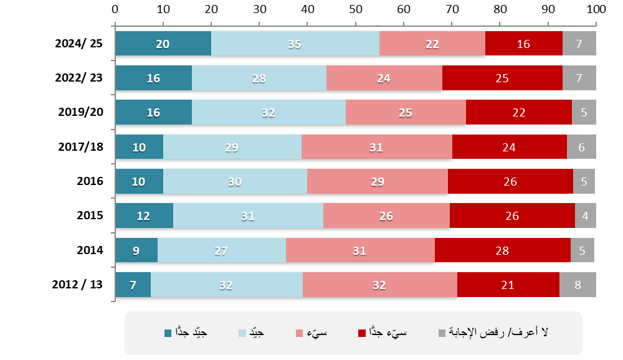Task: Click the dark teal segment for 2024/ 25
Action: (163, 44)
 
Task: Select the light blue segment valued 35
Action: (295, 44)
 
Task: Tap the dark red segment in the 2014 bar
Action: (502, 250)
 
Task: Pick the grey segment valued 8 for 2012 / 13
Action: (578, 285)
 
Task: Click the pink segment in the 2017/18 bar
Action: (377, 147)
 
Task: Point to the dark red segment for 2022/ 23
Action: (502, 78)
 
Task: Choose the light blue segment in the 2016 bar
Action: (235, 181)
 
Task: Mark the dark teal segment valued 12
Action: (144, 216)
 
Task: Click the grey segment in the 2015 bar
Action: (586, 216)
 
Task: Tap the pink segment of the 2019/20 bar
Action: (406, 113)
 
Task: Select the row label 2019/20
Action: (80, 113)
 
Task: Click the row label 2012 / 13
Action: (77, 285)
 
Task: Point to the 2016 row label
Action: (90, 181)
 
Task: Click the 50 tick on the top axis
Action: (355, 9)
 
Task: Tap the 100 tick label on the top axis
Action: (596, 9)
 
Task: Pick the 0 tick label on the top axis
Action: (115, 9)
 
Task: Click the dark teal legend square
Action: (168, 333)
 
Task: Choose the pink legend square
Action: (298, 333)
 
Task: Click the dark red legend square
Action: (361, 333)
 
